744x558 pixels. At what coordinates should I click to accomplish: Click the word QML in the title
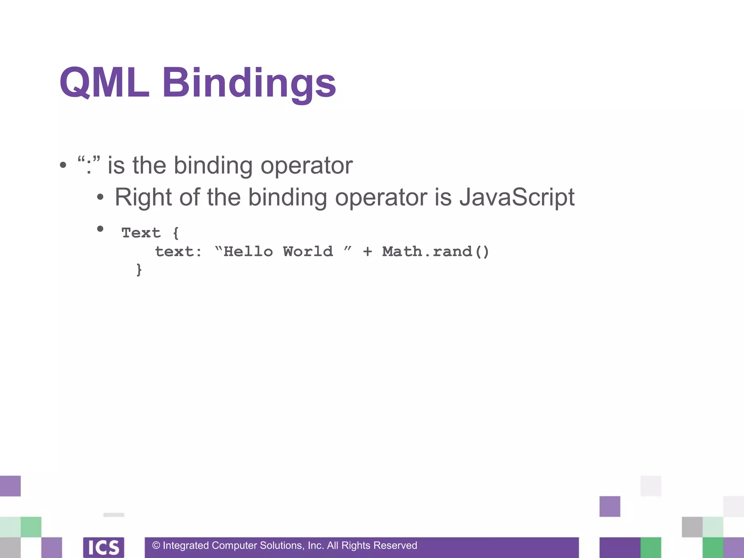[x=104, y=83]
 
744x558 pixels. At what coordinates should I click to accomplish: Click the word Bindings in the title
[x=249, y=84]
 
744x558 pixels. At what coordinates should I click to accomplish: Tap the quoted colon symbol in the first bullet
[x=89, y=165]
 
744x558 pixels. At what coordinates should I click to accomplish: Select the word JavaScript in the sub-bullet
[x=517, y=197]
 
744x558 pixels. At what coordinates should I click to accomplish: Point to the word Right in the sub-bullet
[x=143, y=197]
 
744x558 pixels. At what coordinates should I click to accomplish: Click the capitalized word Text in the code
[x=141, y=232]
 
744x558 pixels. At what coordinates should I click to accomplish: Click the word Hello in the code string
[x=248, y=251]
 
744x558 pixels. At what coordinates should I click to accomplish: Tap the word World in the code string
[x=308, y=251]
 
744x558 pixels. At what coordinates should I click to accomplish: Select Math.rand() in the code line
[x=436, y=251]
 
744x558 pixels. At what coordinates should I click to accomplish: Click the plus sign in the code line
[x=367, y=251]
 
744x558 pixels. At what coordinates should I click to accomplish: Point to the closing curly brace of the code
[x=139, y=270]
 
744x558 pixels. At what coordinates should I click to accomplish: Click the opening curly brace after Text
[x=176, y=233]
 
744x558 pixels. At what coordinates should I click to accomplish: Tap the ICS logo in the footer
[x=104, y=547]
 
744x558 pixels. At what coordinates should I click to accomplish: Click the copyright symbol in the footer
[x=156, y=546]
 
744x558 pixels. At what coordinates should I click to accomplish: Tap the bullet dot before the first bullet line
[x=63, y=165]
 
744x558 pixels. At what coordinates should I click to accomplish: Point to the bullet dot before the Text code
[x=100, y=229]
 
